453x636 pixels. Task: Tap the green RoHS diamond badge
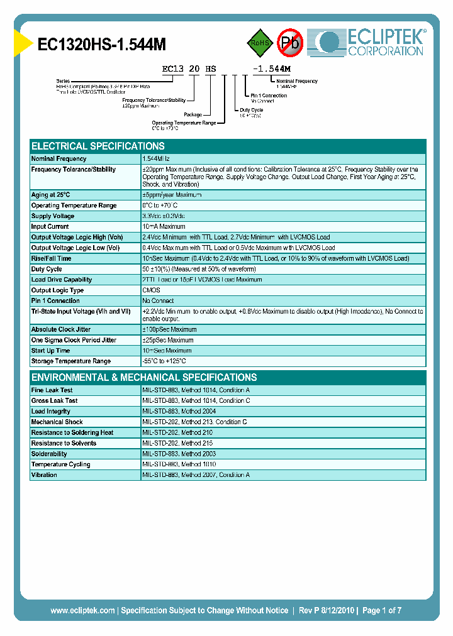point(258,43)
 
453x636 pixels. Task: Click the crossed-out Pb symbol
point(290,43)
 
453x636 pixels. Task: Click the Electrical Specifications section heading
point(98,146)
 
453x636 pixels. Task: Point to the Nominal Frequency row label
point(59,159)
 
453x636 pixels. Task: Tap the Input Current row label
point(50,227)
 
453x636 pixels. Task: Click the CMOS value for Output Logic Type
point(151,290)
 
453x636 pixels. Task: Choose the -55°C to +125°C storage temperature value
point(164,361)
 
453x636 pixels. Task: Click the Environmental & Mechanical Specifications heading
point(144,378)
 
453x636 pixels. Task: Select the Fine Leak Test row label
point(52,390)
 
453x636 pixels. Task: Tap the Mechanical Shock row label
point(57,422)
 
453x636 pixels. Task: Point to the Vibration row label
point(44,475)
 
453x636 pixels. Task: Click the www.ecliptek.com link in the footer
point(82,610)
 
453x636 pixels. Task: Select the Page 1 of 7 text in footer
point(381,610)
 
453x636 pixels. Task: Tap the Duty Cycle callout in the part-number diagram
point(251,109)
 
